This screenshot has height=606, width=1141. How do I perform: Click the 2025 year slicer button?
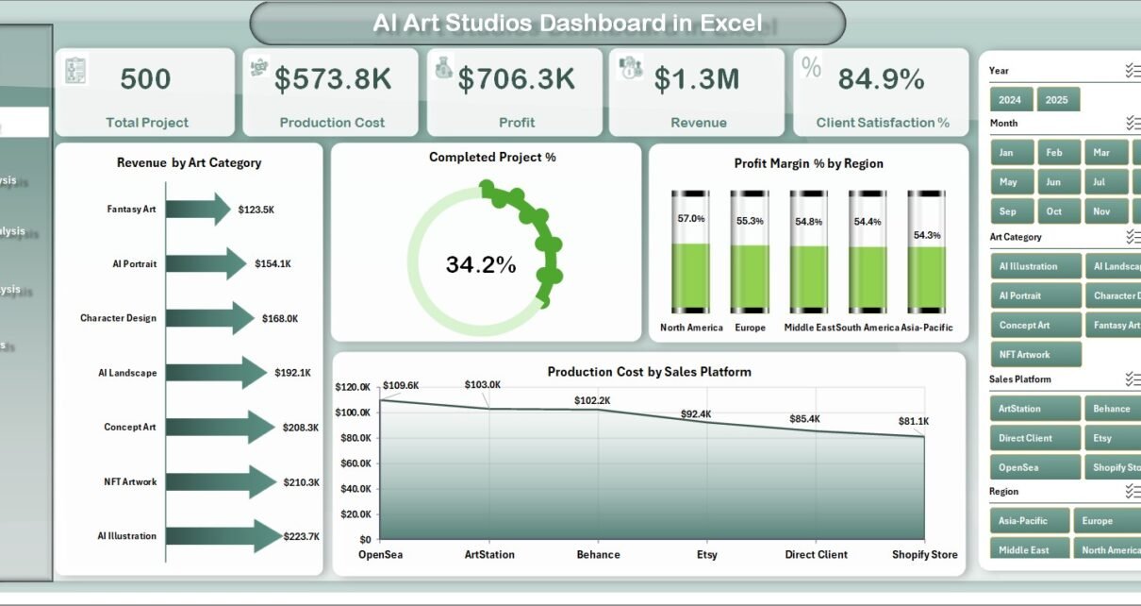(1057, 100)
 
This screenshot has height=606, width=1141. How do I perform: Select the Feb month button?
(1053, 153)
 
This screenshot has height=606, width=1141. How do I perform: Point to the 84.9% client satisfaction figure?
(881, 80)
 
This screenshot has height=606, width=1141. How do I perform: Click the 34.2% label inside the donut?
(481, 265)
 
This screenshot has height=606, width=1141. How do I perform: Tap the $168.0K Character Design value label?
(281, 318)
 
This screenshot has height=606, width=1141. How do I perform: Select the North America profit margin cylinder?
(690, 252)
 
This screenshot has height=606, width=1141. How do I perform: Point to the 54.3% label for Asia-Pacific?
(926, 235)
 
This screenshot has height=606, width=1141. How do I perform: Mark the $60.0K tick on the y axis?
(355, 463)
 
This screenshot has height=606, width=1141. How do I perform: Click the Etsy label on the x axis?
(706, 555)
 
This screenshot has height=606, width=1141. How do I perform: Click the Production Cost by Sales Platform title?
(649, 372)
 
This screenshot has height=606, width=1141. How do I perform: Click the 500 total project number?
(146, 80)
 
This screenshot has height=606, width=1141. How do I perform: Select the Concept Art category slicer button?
(1024, 326)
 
